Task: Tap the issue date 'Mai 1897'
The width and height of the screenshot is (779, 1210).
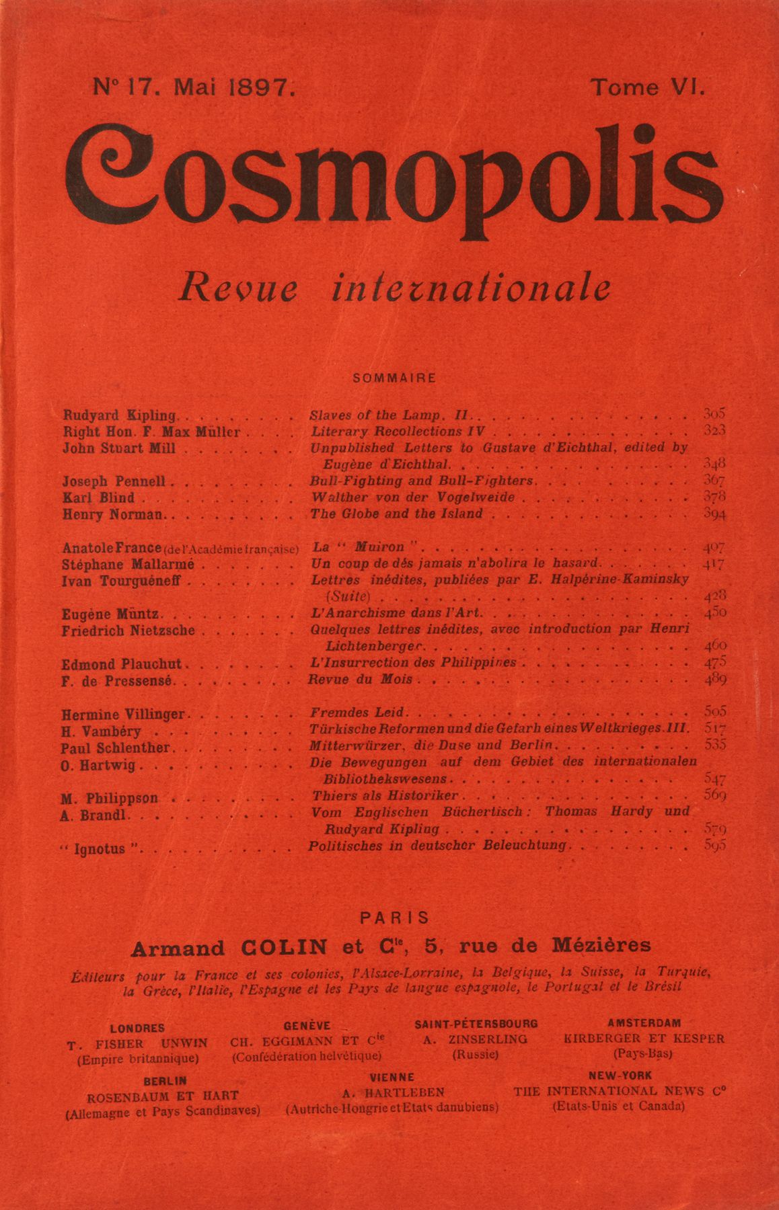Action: coord(234,87)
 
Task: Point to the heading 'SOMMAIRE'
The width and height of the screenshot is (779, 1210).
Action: coord(394,378)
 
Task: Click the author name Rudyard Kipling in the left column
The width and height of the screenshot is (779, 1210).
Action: coord(119,415)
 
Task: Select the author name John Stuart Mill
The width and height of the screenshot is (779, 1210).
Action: coord(118,448)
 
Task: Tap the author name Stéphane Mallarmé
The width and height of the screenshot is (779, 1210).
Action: coord(128,564)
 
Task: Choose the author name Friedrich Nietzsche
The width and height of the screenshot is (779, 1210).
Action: coord(128,631)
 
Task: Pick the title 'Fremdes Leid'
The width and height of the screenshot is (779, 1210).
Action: coord(357,712)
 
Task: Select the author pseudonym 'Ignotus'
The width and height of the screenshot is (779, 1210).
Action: coord(101,849)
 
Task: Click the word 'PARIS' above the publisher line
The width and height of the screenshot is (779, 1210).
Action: coord(394,918)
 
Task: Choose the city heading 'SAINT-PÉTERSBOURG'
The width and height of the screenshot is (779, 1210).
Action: coord(476,1024)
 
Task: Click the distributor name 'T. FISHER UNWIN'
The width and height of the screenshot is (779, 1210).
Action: coord(137,1044)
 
